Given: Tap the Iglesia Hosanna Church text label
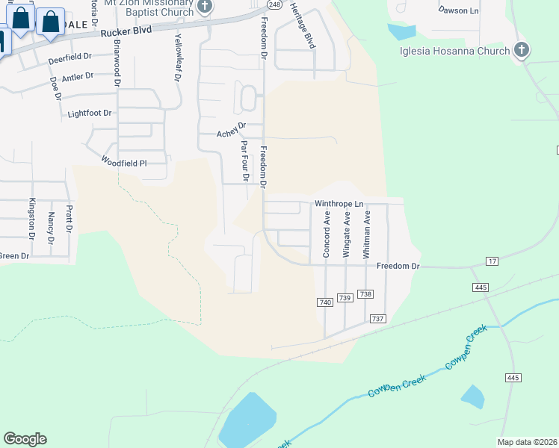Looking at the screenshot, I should point(454,51).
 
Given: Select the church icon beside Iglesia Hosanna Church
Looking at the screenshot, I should point(522,51).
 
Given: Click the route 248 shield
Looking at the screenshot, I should point(274,4).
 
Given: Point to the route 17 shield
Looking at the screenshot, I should point(491,261).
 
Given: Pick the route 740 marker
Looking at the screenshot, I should point(324,302).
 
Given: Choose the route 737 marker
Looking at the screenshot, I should point(377,319).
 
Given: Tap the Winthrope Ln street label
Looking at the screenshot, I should point(339,203).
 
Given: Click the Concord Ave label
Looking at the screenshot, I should point(327,234).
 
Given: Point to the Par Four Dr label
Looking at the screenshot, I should point(244,161).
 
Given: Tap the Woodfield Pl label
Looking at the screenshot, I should point(125,161).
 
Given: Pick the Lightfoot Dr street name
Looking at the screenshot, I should point(89,113).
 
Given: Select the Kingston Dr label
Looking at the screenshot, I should point(31,217).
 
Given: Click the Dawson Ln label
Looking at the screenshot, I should point(459,10).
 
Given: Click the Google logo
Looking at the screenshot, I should point(25,439).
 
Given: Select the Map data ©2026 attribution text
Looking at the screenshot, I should point(527,442).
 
